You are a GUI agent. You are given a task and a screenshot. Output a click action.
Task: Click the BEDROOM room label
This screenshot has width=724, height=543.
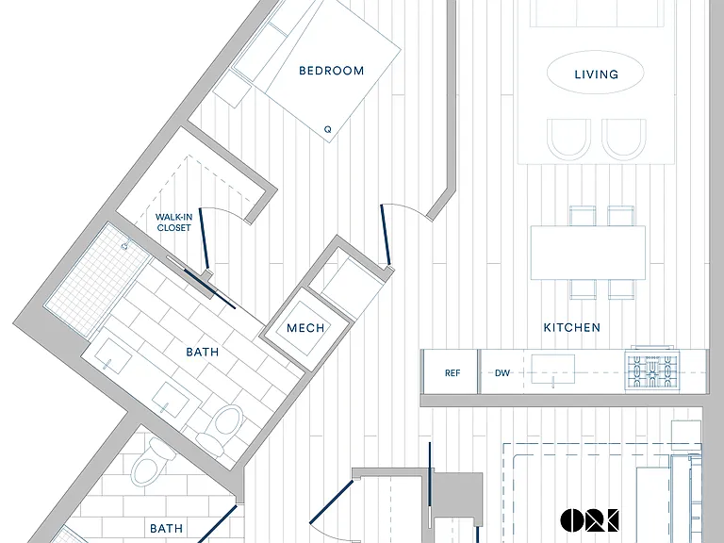332,71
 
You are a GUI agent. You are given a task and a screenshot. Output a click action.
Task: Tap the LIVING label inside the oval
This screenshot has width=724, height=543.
596,74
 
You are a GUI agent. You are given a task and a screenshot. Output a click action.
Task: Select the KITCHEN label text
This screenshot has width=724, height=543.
572,327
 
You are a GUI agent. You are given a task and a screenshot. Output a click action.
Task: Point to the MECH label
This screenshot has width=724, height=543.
305,328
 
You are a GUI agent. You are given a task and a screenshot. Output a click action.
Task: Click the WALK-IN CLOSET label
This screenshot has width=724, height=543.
174,222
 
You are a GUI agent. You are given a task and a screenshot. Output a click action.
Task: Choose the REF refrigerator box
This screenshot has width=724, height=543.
451,372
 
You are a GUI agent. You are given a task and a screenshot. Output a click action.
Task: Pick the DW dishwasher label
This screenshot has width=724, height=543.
502,372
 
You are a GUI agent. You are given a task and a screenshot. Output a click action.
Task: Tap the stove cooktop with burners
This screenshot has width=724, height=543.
652,370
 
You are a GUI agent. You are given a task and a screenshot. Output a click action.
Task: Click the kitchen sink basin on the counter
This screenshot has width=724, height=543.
552,369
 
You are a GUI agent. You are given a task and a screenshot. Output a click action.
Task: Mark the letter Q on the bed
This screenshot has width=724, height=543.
328,129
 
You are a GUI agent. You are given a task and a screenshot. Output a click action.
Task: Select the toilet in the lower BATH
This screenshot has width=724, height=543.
152,461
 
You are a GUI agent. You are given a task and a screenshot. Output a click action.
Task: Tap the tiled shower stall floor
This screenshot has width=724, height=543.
97,278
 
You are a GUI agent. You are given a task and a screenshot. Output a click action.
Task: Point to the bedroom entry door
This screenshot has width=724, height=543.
386,235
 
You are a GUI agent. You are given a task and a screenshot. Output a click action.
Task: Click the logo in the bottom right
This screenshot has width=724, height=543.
589,520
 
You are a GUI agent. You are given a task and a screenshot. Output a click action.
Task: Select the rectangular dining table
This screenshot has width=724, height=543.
588,253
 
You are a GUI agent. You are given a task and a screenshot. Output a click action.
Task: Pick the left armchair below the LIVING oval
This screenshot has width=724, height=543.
568,139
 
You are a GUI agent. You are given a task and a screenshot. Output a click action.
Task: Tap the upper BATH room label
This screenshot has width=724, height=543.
203,352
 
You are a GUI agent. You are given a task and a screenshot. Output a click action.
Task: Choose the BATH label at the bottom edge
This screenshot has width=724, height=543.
166,528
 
